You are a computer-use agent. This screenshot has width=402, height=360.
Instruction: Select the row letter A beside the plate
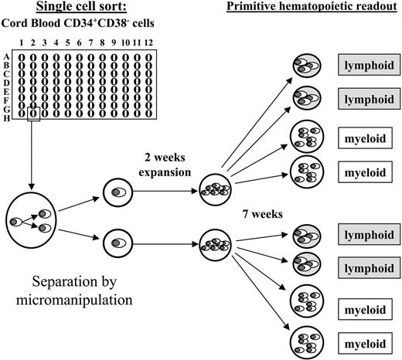(7, 55)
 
